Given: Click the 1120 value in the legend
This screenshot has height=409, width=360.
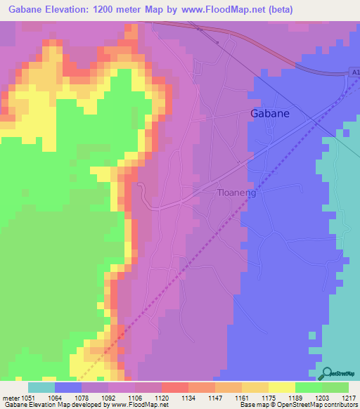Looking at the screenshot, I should pyautogui.click(x=161, y=398).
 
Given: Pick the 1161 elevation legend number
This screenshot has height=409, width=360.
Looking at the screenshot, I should pyautogui.click(x=241, y=398).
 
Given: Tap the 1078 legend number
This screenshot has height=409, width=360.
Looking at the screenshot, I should pyautogui.click(x=82, y=398).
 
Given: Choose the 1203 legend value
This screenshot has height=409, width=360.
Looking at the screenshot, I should pyautogui.click(x=321, y=398).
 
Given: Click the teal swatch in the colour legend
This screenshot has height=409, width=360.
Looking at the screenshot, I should pyautogui.click(x=41, y=387).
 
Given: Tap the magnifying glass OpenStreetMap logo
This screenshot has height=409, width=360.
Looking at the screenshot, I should pyautogui.click(x=326, y=373).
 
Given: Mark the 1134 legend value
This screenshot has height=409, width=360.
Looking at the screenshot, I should pyautogui.click(x=188, y=398).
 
